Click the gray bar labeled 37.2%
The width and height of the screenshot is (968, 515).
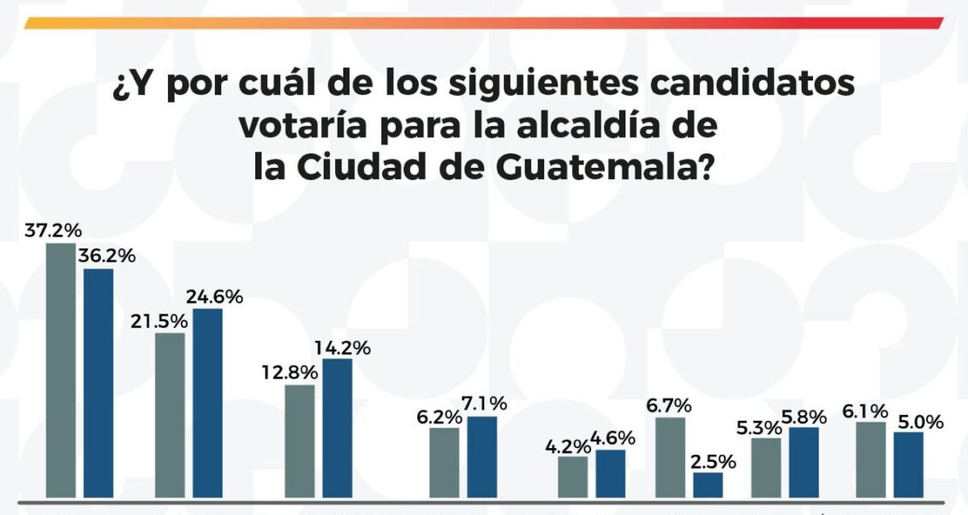coord(60,370)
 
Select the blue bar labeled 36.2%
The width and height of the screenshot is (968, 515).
coord(98,383)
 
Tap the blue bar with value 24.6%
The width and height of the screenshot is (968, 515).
coord(207,403)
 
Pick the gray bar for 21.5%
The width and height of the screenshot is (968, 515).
coord(170,415)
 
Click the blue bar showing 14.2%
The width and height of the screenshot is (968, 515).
coord(337,428)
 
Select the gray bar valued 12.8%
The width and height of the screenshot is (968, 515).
coord(299,440)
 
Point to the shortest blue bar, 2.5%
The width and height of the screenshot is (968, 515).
coord(708,485)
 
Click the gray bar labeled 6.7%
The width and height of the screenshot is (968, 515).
coord(670,457)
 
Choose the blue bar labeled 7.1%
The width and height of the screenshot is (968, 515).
coord(481,457)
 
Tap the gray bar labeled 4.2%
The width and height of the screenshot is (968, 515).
coord(572,476)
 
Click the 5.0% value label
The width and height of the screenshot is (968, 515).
coord(919,422)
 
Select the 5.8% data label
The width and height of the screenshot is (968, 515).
coord(804,417)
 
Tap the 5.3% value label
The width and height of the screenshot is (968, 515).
coord(758,427)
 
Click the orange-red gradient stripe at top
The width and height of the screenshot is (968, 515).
coord(484,23)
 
